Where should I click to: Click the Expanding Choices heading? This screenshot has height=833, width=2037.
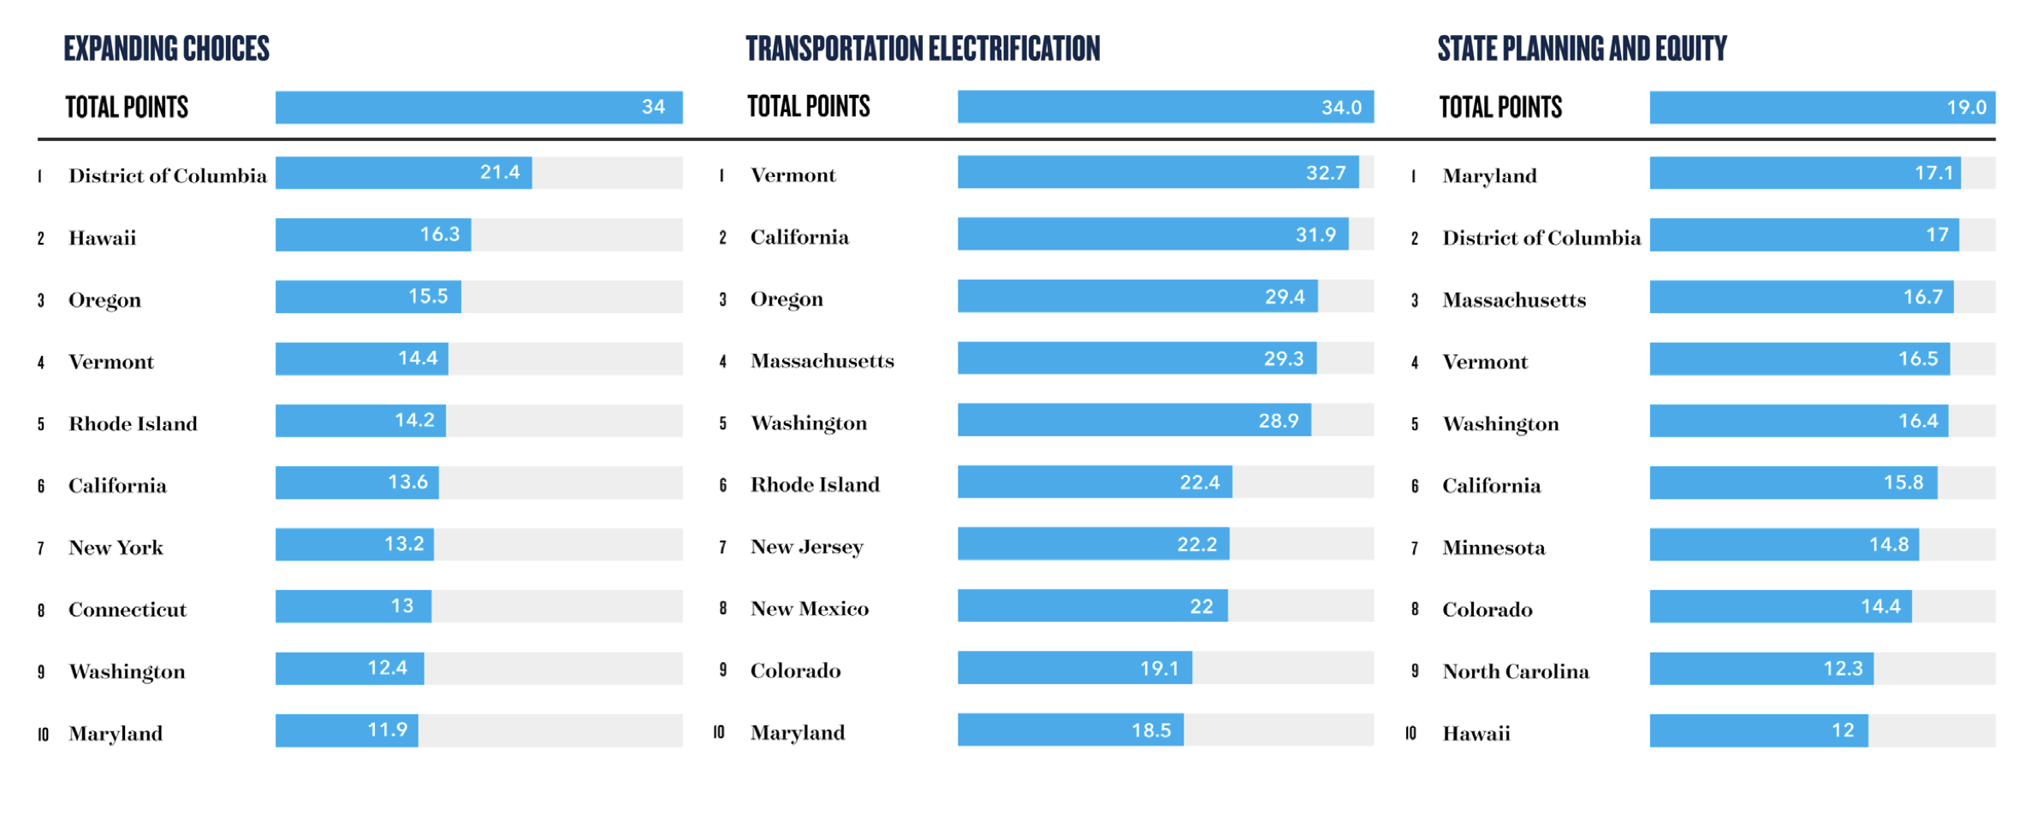(166, 49)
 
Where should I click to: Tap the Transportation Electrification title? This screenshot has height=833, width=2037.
(923, 49)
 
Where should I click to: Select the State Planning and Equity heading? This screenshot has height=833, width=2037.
(1582, 49)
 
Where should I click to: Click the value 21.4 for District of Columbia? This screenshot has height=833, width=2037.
(500, 173)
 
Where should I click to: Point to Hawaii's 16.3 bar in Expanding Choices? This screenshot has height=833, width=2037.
(373, 235)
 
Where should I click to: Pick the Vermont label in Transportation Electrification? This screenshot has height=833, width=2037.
(793, 175)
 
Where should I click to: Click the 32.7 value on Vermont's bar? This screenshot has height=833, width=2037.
(1326, 173)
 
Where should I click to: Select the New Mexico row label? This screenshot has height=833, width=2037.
(809, 609)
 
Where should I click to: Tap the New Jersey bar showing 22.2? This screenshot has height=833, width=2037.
(1093, 545)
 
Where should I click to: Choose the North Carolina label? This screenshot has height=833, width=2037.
(1515, 671)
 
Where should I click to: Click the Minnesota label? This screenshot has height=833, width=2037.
(1494, 547)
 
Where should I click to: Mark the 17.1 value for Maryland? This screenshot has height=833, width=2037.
(1933, 174)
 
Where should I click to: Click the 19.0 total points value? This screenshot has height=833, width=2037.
(1966, 108)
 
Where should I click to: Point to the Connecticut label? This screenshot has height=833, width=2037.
(128, 610)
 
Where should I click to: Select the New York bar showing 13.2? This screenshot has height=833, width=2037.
(354, 545)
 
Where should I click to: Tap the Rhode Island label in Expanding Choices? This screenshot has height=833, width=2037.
(133, 424)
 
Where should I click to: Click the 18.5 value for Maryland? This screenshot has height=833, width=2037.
(1150, 730)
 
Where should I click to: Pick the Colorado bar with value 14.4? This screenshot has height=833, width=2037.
(1780, 607)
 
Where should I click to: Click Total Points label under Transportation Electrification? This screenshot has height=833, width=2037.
(808, 107)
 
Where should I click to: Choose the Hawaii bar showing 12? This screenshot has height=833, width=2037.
(1758, 730)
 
